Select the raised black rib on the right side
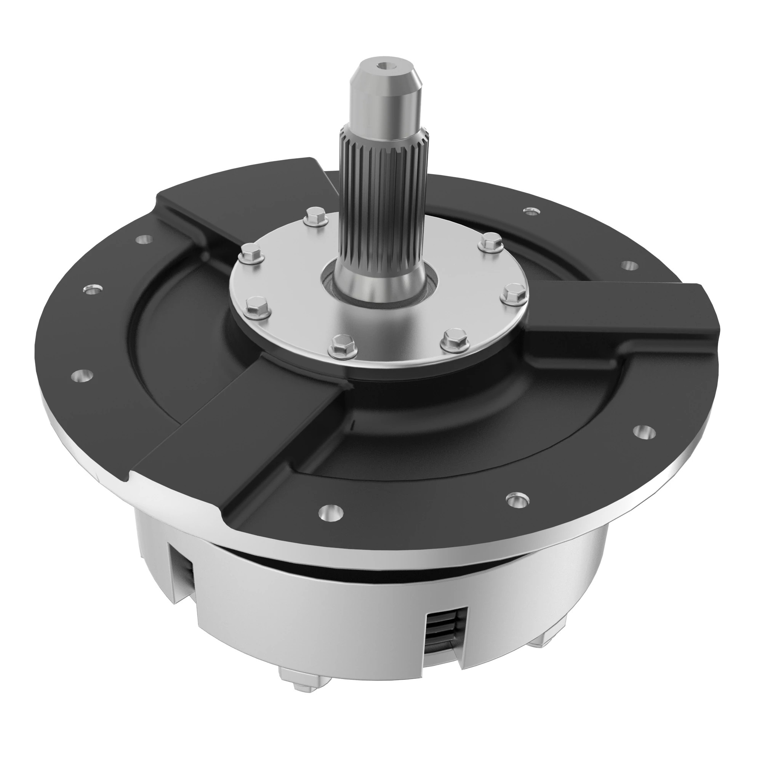pyautogui.click(x=615, y=315)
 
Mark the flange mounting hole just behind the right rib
pyautogui.click(x=630, y=265)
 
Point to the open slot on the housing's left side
pyautogui.click(x=182, y=572)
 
